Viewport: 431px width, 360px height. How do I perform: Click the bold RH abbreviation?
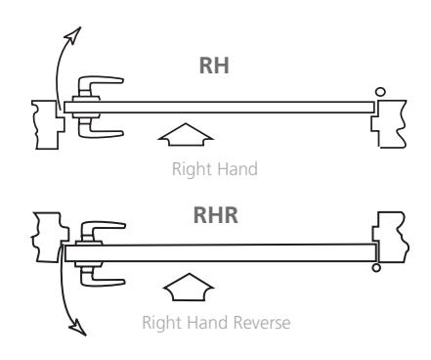click(214, 66)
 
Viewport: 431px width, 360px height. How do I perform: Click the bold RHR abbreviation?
click(215, 215)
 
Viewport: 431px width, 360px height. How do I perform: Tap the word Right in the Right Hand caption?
click(191, 169)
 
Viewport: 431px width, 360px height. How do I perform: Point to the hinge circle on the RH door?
click(380, 92)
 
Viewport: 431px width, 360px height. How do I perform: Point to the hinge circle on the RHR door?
click(376, 268)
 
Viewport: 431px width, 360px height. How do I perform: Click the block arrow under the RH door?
click(186, 134)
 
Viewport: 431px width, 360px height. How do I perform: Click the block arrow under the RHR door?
click(189, 287)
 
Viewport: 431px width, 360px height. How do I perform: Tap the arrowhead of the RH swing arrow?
click(73, 35)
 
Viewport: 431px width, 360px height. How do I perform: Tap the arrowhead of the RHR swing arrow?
click(78, 327)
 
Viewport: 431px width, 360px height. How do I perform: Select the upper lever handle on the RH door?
click(100, 85)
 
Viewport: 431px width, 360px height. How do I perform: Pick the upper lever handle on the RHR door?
click(101, 231)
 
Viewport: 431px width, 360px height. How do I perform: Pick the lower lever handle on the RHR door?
click(101, 277)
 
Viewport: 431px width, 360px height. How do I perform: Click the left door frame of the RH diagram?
click(49, 124)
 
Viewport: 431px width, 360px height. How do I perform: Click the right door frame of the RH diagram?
click(390, 124)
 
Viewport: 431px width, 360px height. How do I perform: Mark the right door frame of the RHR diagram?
click(391, 237)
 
